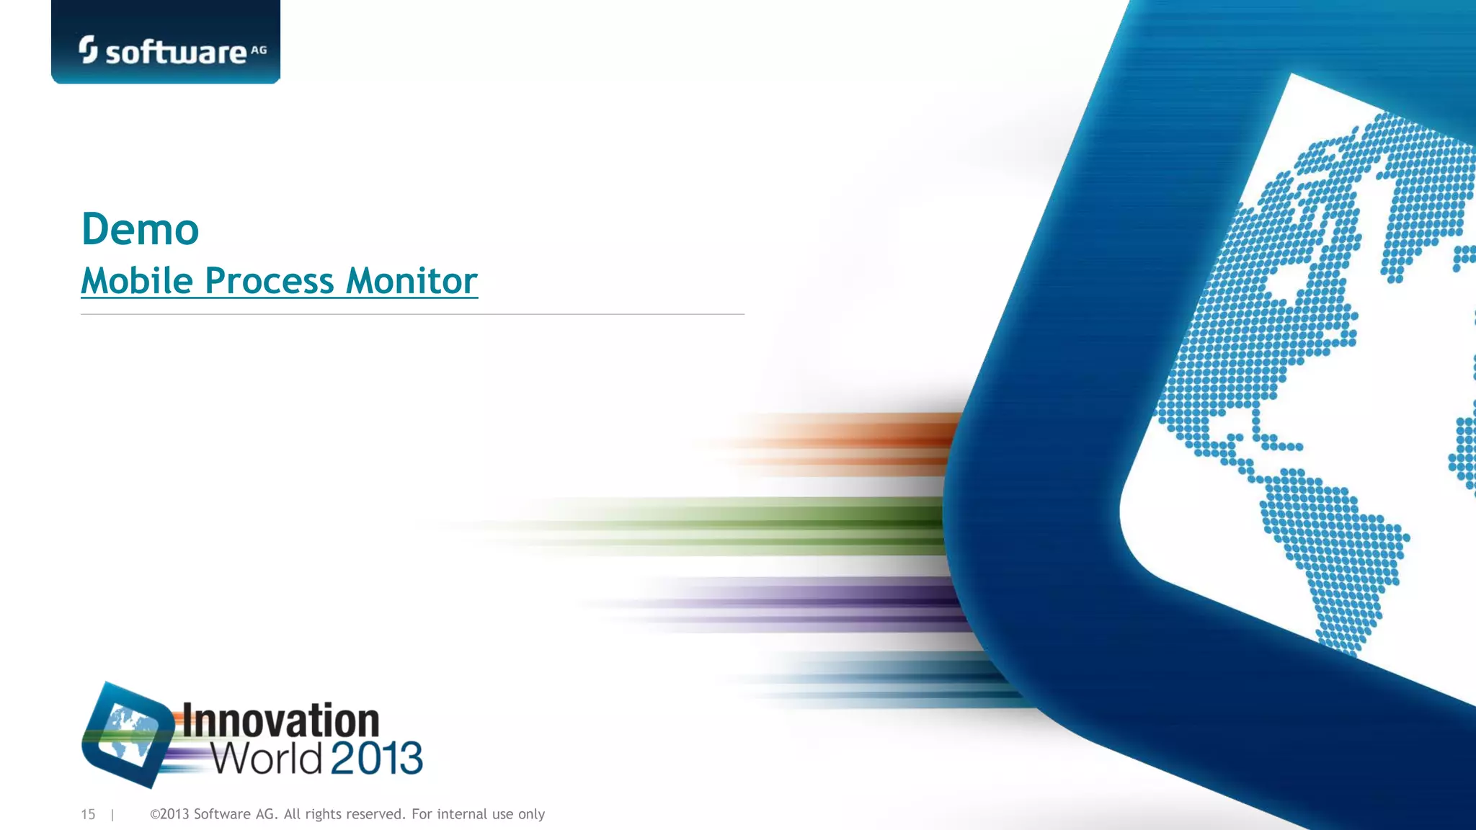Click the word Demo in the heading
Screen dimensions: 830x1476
point(140,229)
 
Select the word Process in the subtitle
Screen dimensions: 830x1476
point(269,281)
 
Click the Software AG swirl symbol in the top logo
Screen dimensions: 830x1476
point(88,50)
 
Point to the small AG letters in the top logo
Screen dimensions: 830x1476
point(258,50)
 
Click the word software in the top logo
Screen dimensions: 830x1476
point(176,53)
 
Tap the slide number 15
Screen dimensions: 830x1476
point(88,814)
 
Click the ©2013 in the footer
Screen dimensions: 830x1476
point(169,814)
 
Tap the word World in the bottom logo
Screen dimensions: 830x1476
point(266,758)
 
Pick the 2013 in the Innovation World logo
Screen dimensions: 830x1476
point(376,758)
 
